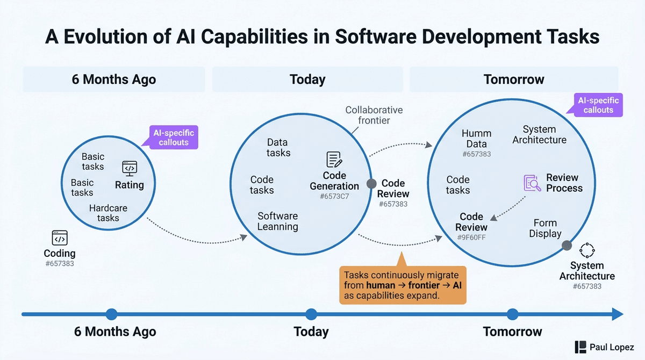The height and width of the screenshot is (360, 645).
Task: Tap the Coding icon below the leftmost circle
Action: (60, 238)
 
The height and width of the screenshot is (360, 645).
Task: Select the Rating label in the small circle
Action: (130, 185)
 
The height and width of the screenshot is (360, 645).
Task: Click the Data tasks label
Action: (278, 148)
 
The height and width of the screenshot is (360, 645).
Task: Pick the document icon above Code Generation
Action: (334, 160)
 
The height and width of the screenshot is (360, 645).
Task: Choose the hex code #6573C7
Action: (334, 197)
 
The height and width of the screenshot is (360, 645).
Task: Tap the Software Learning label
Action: (277, 221)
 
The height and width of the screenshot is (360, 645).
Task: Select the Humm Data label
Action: (476, 139)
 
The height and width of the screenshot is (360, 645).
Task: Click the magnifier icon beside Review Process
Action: (532, 183)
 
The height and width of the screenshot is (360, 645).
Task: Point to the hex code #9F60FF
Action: (471, 237)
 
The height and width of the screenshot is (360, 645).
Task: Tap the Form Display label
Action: (545, 228)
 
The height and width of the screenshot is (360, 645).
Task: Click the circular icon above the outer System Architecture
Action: (587, 250)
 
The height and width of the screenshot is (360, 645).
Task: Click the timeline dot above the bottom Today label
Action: (311, 314)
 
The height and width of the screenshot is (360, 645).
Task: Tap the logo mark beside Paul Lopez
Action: (580, 347)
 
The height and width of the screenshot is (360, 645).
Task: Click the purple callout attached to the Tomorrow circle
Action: (598, 105)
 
